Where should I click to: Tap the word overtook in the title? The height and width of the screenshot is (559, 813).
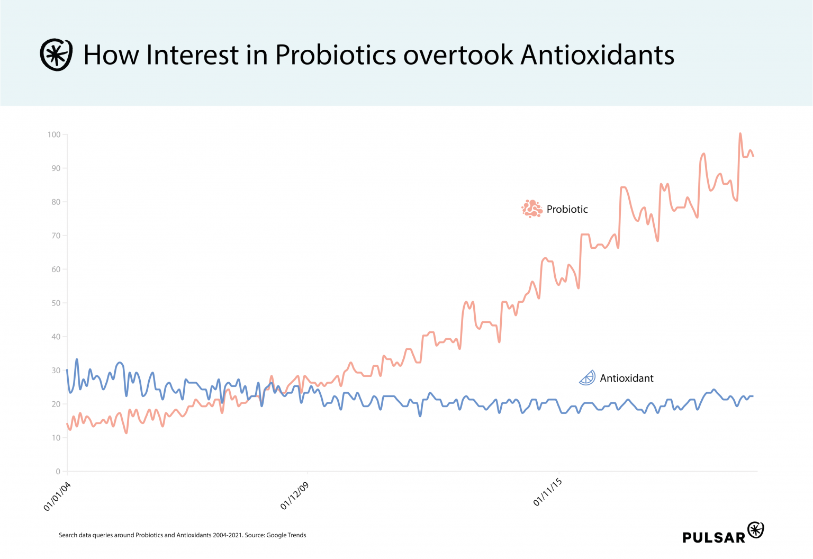[458, 55]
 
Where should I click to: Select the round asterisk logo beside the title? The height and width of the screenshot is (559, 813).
[56, 55]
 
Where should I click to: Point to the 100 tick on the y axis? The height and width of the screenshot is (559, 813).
[54, 134]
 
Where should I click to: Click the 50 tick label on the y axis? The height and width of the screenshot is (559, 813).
[56, 303]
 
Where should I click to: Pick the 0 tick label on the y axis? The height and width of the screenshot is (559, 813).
[58, 471]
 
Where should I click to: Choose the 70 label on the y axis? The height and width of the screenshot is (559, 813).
[56, 236]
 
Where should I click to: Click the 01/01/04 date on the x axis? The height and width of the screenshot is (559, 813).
[57, 497]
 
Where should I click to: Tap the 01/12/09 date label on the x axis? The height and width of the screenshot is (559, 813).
[294, 496]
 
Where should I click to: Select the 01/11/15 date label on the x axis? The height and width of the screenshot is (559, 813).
[547, 492]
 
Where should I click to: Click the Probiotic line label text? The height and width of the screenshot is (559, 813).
[567, 209]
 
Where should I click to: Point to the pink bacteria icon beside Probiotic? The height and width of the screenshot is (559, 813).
[532, 209]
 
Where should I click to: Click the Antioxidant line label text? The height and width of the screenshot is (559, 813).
[626, 378]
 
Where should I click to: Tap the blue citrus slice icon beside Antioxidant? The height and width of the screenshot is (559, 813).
[588, 377]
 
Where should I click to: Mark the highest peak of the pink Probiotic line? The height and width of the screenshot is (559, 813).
[740, 134]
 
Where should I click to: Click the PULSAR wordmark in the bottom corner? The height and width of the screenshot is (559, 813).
[713, 537]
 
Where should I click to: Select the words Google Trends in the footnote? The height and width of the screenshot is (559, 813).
[286, 535]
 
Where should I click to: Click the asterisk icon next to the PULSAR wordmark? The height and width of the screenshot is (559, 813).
[755, 529]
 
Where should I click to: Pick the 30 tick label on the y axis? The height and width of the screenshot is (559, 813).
[56, 370]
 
